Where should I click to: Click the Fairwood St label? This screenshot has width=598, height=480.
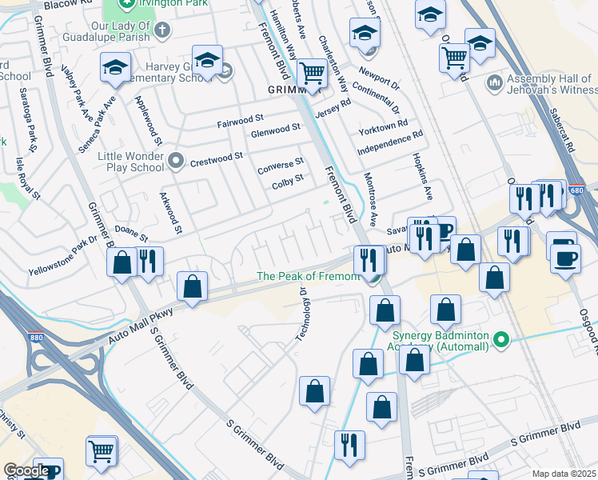[x=241, y=124]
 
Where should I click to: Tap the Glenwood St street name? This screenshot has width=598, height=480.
[x=276, y=129]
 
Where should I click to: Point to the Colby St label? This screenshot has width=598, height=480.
[x=288, y=179]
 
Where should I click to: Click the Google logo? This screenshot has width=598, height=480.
[x=26, y=470]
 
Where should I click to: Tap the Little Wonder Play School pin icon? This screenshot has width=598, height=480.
[x=176, y=162]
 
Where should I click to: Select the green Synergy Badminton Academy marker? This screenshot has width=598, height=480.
[x=502, y=340]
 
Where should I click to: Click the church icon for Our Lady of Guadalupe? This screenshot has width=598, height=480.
[x=162, y=31]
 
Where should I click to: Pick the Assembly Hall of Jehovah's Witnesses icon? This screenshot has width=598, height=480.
[x=494, y=83]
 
